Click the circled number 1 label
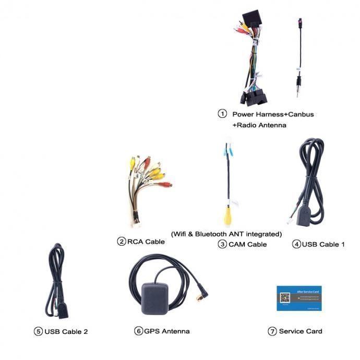(x=222, y=113)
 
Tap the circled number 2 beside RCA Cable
(x=122, y=241)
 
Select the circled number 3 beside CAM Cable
(x=222, y=244)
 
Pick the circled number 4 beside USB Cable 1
(x=297, y=244)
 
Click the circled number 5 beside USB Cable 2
(x=38, y=331)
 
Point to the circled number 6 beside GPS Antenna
(x=138, y=331)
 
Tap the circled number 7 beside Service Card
(x=272, y=331)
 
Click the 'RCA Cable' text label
(x=147, y=242)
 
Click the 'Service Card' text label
(x=301, y=331)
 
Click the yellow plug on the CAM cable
(x=228, y=213)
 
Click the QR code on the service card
(x=284, y=298)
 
